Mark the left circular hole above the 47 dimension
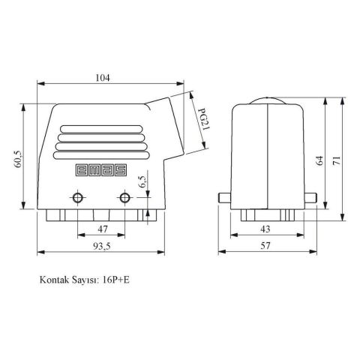click(x=78, y=198)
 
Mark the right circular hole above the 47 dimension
click(x=124, y=198)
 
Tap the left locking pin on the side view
click(x=224, y=198)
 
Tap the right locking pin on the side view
click(x=312, y=198)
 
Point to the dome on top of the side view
click(x=268, y=101)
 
